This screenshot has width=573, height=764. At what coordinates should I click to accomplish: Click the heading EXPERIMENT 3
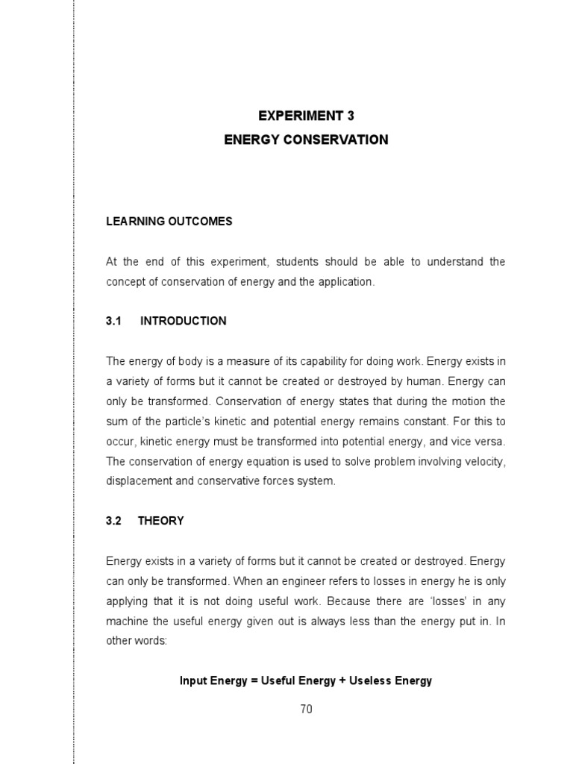pyautogui.click(x=306, y=116)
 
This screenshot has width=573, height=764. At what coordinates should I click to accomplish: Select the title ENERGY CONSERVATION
pyautogui.click(x=306, y=140)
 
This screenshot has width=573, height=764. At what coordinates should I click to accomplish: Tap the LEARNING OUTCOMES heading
pyautogui.click(x=169, y=222)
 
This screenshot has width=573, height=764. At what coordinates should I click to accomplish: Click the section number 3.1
pyautogui.click(x=113, y=321)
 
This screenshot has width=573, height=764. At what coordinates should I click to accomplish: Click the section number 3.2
pyautogui.click(x=113, y=521)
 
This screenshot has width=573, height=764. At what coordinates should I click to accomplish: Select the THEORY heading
pyautogui.click(x=160, y=521)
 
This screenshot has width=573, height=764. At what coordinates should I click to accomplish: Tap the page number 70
pyautogui.click(x=306, y=710)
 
